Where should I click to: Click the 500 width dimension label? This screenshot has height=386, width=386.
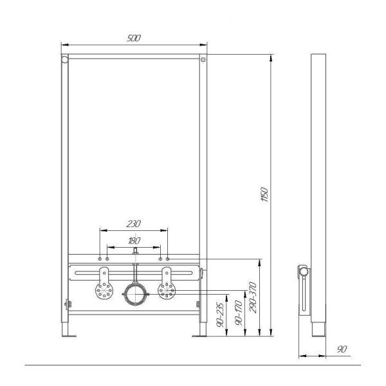[134, 38]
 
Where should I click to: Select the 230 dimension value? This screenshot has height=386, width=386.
[133, 224]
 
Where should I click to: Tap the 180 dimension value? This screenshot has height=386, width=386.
[133, 241]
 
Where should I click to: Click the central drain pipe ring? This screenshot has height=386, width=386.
[134, 295]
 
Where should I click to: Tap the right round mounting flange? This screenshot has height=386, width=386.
[167, 291]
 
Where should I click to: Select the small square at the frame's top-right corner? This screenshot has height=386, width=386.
[203, 60]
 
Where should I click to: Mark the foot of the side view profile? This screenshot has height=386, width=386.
[316, 330]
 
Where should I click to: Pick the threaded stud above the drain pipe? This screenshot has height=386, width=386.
[134, 255]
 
